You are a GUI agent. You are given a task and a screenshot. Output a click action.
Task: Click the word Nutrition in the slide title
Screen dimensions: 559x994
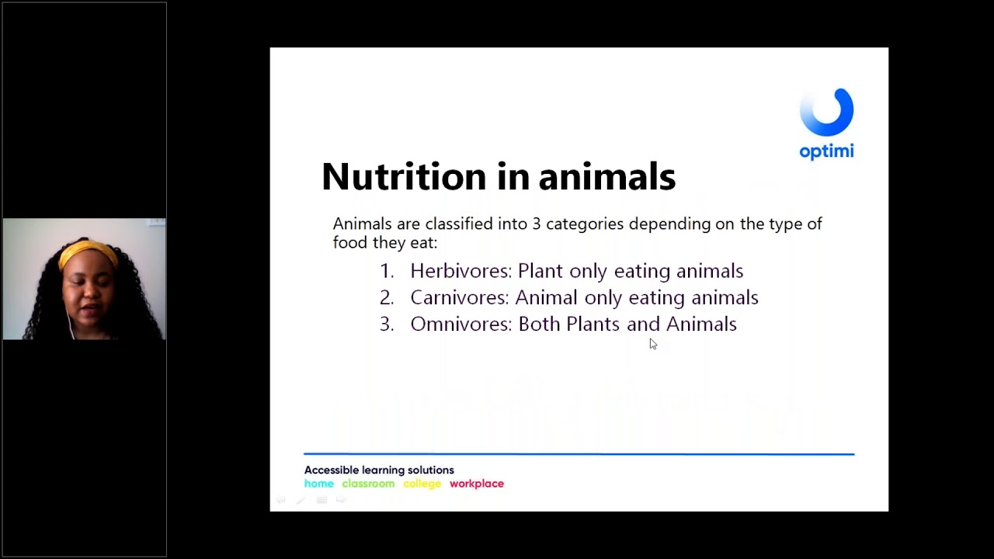404,177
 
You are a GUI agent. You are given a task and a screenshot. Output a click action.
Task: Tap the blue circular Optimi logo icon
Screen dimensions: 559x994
826,113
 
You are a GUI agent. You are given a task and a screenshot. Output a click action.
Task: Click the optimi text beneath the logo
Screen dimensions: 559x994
826,151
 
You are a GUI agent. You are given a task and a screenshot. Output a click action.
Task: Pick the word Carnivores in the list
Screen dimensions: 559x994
459,297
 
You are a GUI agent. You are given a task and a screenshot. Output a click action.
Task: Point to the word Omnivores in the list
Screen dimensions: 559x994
461,324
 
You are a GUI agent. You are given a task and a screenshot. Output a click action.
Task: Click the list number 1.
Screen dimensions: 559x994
385,271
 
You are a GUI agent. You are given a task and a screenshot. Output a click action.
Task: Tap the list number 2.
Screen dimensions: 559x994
386,297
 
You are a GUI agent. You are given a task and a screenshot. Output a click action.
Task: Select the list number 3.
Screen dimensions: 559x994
386,324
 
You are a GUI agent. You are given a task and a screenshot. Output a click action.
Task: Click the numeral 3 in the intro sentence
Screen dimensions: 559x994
536,224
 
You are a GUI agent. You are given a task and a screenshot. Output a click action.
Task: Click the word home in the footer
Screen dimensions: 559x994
318,484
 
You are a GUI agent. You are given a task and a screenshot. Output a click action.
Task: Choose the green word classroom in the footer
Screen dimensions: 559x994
368,484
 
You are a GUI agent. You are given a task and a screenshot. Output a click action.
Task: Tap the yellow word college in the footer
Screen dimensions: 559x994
422,484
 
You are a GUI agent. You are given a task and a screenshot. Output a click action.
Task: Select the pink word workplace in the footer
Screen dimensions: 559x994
477,484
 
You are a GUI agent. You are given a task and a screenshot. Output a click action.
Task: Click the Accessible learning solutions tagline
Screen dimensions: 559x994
379,470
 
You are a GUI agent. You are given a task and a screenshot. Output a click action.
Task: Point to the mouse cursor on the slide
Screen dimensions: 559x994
652,344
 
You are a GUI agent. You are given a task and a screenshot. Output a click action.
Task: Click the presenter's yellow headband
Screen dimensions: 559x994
86,251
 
